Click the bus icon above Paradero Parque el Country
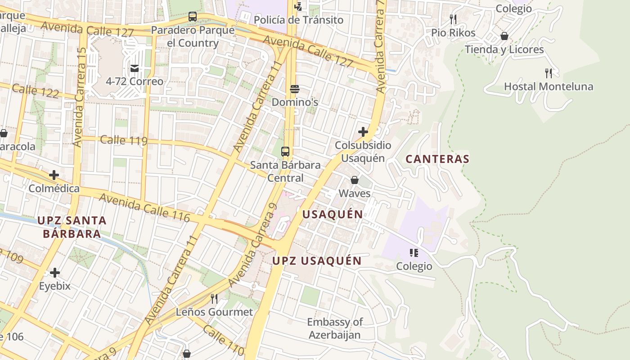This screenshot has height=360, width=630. (x=193, y=17)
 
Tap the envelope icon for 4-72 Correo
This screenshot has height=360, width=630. (x=135, y=68)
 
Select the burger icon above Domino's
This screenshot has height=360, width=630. (x=295, y=89)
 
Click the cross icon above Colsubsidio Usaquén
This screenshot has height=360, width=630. (x=363, y=132)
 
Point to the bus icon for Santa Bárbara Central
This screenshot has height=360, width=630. (x=285, y=152)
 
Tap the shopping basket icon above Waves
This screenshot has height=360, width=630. (x=355, y=180)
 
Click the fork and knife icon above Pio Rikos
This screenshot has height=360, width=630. (x=453, y=19)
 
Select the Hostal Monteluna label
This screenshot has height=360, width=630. (x=548, y=86)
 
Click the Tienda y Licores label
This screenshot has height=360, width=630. (x=504, y=49)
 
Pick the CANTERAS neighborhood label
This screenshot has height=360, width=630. (x=437, y=159)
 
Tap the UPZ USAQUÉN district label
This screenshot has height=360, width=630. (x=317, y=261)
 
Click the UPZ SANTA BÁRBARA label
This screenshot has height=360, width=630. (x=72, y=227)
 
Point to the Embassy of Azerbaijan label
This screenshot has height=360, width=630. (x=335, y=328)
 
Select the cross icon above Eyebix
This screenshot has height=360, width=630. (x=55, y=273)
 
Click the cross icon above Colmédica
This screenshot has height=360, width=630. (x=54, y=175)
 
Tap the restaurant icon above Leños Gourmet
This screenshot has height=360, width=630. (x=214, y=299)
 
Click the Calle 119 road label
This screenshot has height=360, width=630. (x=124, y=140)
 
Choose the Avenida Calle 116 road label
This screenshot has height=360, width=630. (x=144, y=207)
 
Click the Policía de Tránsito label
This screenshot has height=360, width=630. (x=298, y=20)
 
